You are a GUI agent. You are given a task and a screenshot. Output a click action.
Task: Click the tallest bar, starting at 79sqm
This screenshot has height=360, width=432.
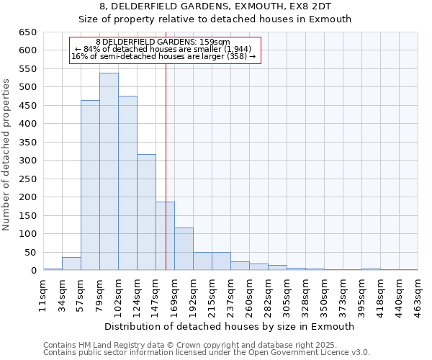[x=109, y=171]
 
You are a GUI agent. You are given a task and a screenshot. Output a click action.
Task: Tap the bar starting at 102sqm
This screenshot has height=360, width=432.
[x=127, y=183]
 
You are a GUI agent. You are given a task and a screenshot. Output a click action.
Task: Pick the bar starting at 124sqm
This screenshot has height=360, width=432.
[x=146, y=212]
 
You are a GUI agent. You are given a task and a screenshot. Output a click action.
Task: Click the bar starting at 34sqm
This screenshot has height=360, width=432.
[x=71, y=264]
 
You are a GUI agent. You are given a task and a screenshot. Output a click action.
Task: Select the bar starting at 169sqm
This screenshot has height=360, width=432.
[x=184, y=249]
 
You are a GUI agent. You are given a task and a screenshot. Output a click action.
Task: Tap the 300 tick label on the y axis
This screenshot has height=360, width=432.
[x=28, y=161]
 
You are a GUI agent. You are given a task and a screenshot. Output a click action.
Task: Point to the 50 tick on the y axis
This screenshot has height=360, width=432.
[x=31, y=253]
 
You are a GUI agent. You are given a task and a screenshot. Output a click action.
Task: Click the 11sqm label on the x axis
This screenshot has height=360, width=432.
[x=44, y=293]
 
